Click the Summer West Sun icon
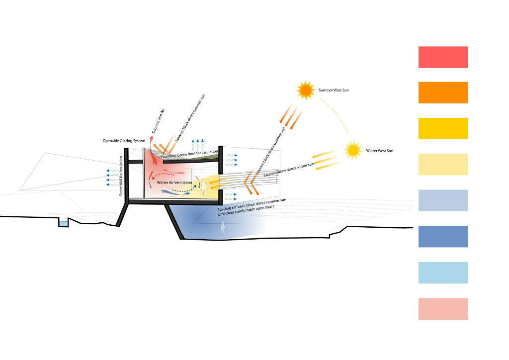click(305, 90)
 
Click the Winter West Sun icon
click(353, 150)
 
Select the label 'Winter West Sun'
click(380, 150)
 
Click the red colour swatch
click(443, 57)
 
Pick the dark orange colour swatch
click(443, 92)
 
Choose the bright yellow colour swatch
click(443, 128)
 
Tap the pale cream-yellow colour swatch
click(443, 165)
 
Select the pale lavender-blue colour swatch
click(443, 200)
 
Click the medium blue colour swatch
click(443, 237)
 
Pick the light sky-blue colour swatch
click(443, 272)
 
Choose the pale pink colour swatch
click(443, 309)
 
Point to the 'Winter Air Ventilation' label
click(175, 182)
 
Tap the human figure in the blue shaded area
click(223, 228)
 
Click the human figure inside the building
click(203, 189)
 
